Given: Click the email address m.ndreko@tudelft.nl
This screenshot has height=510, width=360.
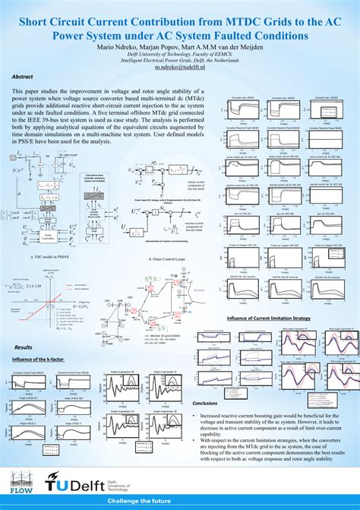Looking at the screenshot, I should pyautogui.click(x=180, y=67).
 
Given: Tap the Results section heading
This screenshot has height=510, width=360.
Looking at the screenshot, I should pyautogui.click(x=24, y=325).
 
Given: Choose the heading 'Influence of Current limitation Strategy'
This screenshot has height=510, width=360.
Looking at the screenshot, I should pyautogui.click(x=270, y=296).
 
